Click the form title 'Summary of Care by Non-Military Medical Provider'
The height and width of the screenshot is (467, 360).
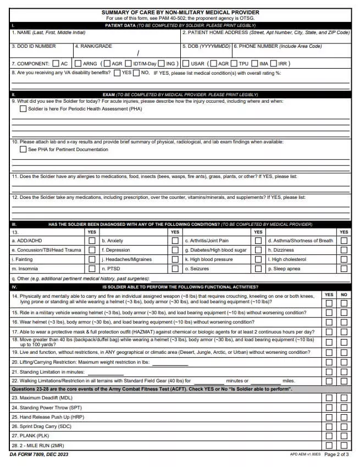(x=180, y=12)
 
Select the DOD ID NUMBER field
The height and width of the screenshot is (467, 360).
(x=41, y=53)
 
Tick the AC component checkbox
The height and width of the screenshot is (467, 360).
(x=56, y=64)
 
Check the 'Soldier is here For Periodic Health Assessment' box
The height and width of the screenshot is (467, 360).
(x=23, y=109)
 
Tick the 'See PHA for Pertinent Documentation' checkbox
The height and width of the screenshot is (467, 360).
(x=23, y=149)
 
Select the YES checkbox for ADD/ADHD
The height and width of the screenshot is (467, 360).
(x=92, y=241)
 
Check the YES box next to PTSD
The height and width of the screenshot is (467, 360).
(x=175, y=269)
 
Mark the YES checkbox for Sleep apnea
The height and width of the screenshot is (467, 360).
(x=344, y=269)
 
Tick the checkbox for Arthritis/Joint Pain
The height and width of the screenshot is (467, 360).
(x=258, y=241)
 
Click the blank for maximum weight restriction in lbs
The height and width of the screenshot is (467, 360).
(x=170, y=363)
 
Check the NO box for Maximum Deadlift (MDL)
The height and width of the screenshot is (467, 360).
(x=344, y=398)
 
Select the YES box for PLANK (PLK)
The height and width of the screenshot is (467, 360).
(x=329, y=436)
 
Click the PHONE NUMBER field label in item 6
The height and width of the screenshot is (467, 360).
(x=278, y=47)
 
